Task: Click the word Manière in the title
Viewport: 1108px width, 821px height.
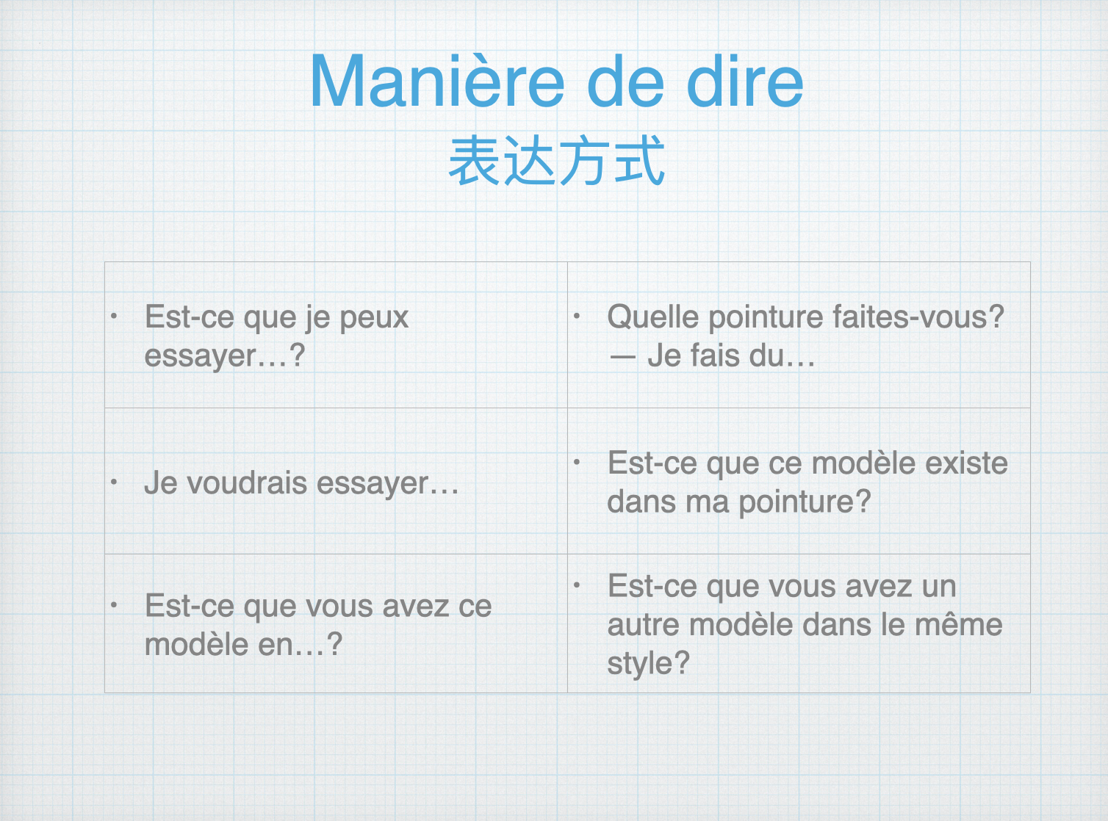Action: [437, 80]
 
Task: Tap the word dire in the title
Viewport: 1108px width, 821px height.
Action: [744, 80]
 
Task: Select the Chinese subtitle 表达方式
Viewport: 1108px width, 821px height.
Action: [556, 160]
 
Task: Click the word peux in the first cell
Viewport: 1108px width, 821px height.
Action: [374, 319]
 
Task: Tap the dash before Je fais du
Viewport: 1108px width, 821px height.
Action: [622, 358]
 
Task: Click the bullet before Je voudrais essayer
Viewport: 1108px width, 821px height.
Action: [114, 482]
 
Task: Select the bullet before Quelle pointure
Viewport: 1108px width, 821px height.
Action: [576, 316]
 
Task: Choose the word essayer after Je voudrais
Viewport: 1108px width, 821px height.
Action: [373, 484]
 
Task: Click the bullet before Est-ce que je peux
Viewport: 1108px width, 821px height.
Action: [114, 316]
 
